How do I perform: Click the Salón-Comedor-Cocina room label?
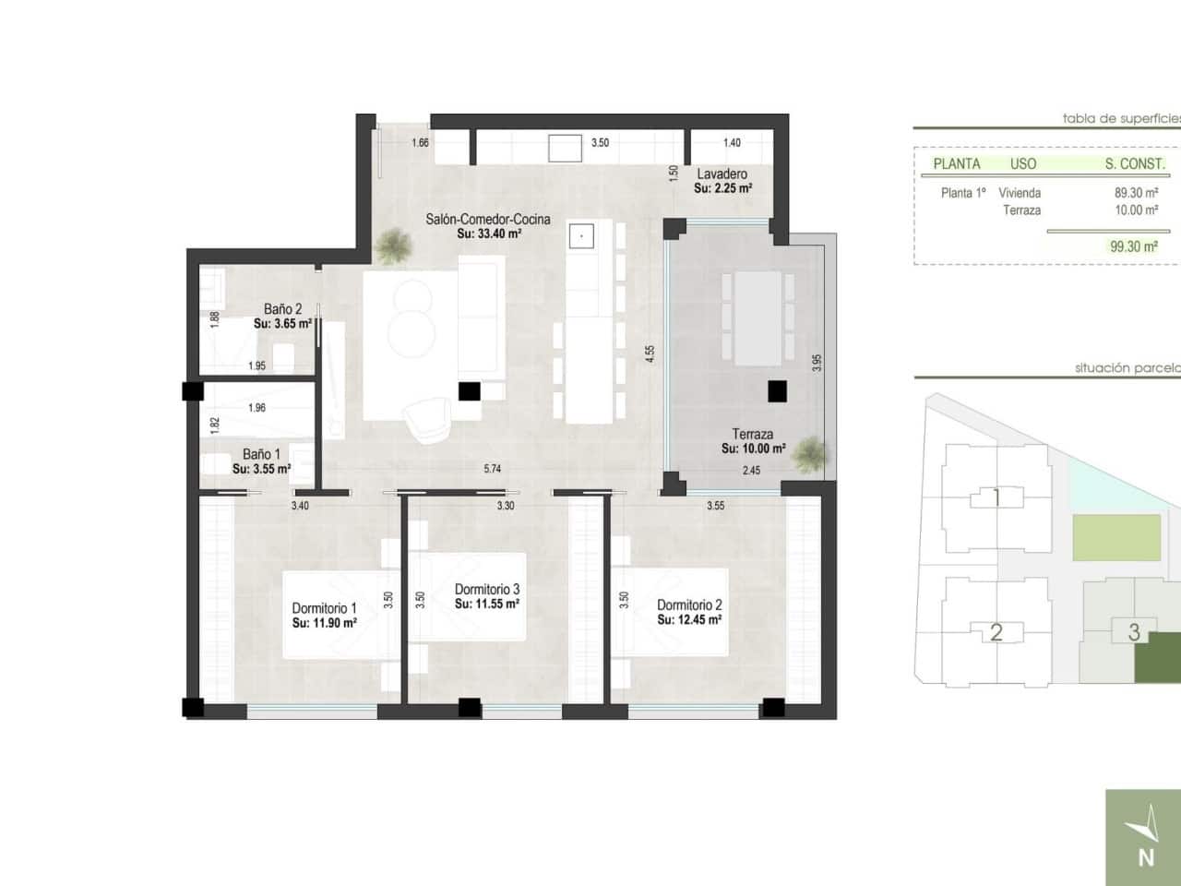[x=487, y=219]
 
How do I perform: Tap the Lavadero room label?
[x=722, y=174]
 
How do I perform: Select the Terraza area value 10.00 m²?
[x=753, y=449]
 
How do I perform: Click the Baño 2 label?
[x=282, y=309]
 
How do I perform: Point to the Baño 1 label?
[x=261, y=454]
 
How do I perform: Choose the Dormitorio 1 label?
[x=324, y=608]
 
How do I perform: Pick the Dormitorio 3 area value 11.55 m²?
[x=486, y=604]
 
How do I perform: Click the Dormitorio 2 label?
[x=689, y=605]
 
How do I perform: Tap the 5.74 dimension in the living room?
[x=493, y=469]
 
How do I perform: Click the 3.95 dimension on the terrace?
[x=816, y=363]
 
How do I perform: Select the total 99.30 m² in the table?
[x=1135, y=246]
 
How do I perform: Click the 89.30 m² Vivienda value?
[x=1136, y=193]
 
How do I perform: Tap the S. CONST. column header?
[x=1134, y=164]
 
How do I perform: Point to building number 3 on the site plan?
[x=1134, y=632]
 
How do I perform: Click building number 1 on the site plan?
[x=996, y=498]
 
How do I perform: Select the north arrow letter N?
[x=1146, y=857]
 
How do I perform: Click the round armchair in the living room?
[x=428, y=418]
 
